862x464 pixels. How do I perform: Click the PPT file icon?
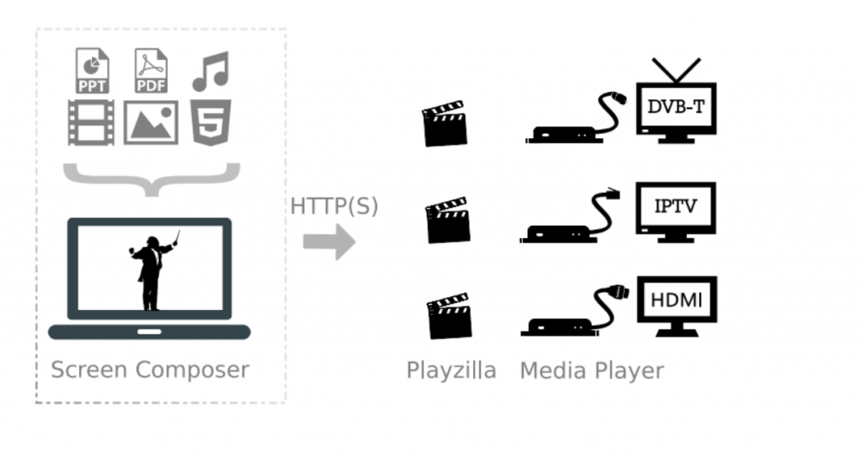point(93,71)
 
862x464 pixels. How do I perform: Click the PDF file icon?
point(152,71)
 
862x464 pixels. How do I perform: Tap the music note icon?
point(210,71)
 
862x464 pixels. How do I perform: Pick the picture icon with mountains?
point(151,123)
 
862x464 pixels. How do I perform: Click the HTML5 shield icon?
point(209,123)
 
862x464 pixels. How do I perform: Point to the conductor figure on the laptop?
point(150,270)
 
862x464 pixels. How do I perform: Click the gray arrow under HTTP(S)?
point(329,242)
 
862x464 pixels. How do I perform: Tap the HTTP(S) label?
point(334,206)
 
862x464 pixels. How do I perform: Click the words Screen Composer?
point(150,370)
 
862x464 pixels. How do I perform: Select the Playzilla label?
point(451,370)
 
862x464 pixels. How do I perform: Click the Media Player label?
point(592,370)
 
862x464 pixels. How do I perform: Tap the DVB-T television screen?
point(676,107)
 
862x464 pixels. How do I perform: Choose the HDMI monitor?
point(676,299)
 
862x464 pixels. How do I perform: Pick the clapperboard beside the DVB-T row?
point(444,124)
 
